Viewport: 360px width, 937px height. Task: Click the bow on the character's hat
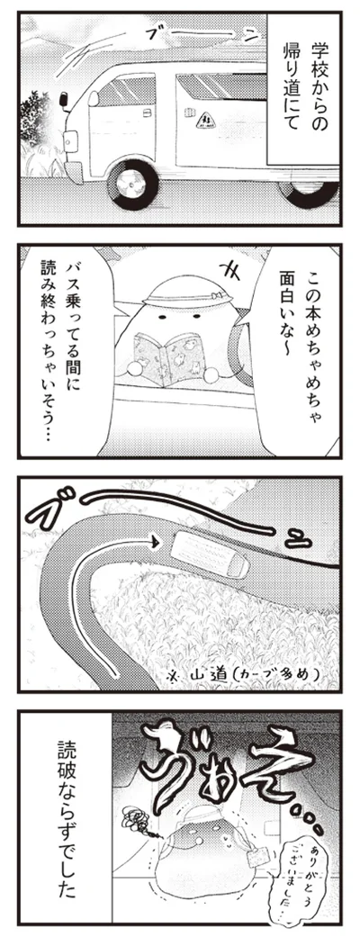(x=217, y=293)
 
